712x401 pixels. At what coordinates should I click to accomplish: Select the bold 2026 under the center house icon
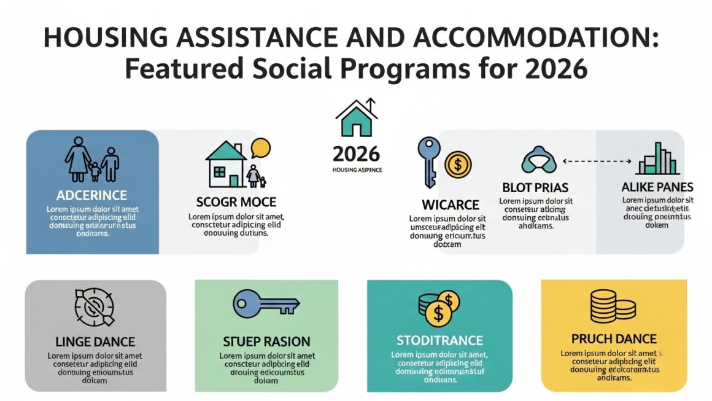[x=356, y=154]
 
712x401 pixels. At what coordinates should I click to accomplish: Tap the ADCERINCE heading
[x=91, y=195]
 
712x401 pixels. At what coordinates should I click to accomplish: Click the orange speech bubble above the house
[x=261, y=149]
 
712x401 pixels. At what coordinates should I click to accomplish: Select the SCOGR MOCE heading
[x=236, y=202]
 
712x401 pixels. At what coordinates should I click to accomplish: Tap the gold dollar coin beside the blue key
[x=457, y=165]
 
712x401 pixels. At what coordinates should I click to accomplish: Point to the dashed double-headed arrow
[x=597, y=162]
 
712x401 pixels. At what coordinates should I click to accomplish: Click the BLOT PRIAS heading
[x=535, y=187]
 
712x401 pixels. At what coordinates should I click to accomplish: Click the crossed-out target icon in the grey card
[x=95, y=307]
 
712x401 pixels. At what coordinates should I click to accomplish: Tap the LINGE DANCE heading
[x=95, y=341]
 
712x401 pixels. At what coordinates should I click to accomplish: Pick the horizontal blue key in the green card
[x=266, y=303]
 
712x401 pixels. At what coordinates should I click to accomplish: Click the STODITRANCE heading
[x=439, y=340]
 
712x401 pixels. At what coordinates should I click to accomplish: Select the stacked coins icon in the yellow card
[x=612, y=305]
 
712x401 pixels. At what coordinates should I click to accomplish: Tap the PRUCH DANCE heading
[x=614, y=339]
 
